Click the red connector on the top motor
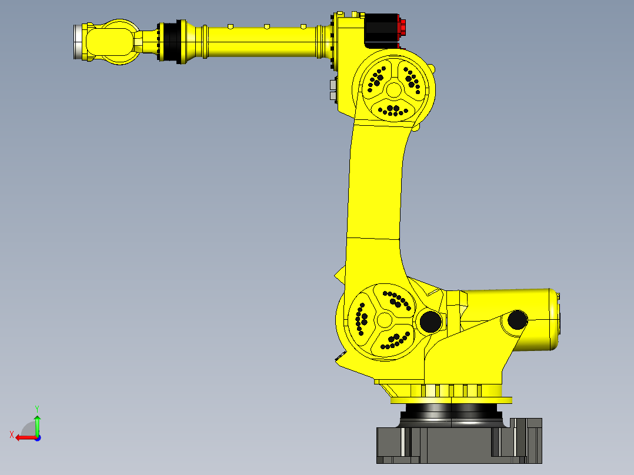pyautogui.click(x=402, y=27)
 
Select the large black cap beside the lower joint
pyautogui.click(x=430, y=321)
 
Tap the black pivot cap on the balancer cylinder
pyautogui.click(x=518, y=320)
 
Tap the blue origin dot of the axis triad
pyautogui.click(x=37, y=437)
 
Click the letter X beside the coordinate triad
pyautogui.click(x=11, y=435)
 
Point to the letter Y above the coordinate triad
pyautogui.click(x=36, y=408)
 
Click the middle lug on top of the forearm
pyautogui.click(x=266, y=26)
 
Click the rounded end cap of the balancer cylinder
pyautogui.click(x=554, y=320)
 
